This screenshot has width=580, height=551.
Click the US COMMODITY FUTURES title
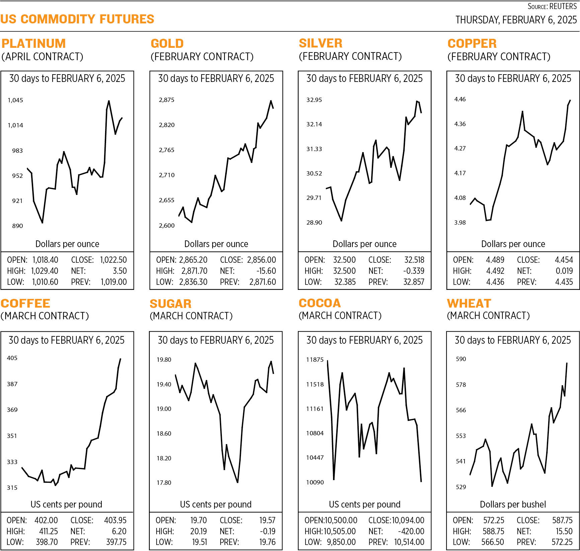(x=77, y=19)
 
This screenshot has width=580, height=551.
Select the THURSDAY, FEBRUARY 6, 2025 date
(x=516, y=20)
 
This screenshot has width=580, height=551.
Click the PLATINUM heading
(x=33, y=43)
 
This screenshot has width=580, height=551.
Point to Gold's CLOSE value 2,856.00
(x=261, y=260)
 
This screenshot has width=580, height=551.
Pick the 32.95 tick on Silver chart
(x=314, y=100)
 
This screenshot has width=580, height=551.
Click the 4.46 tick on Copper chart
(x=460, y=99)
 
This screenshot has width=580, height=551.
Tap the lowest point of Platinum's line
(x=42, y=223)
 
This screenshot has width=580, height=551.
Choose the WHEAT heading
(x=469, y=303)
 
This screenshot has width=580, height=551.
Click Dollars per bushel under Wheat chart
(x=512, y=504)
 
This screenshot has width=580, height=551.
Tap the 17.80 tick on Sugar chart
(x=164, y=482)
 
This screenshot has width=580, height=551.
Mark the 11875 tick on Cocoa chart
(x=315, y=359)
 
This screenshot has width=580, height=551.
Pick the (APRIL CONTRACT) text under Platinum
(x=42, y=57)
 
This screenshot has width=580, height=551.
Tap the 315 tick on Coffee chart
(x=12, y=487)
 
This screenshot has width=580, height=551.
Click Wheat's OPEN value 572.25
(x=494, y=520)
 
